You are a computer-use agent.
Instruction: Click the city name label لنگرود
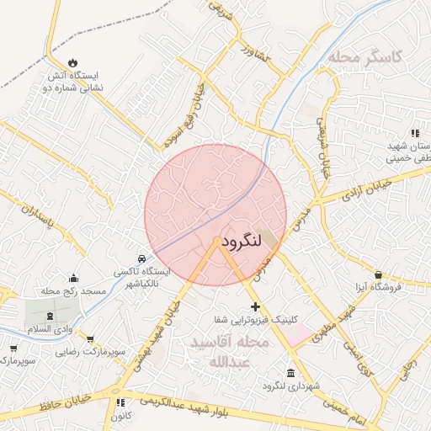(x=245, y=242)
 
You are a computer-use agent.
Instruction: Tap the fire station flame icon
(x=72, y=62)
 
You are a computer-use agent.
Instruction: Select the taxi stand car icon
(x=141, y=258)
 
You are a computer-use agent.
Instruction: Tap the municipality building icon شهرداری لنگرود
(x=290, y=373)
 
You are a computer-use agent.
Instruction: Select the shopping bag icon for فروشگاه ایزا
(x=378, y=274)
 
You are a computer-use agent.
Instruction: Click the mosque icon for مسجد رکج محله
(x=73, y=279)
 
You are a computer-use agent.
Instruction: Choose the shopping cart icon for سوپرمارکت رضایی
(x=13, y=348)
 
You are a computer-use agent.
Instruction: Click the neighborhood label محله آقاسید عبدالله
(x=229, y=353)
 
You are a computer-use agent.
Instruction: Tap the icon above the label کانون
(x=121, y=402)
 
